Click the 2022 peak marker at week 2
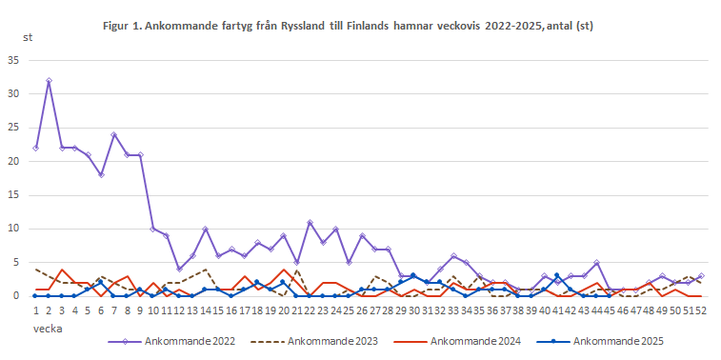coord(49,81)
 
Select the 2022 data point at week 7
coord(114,134)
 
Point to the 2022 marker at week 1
coord(35,148)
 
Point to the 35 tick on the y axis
coord(13,60)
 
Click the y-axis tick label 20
coord(13,161)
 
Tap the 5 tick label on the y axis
coord(16,262)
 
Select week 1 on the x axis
coord(35,310)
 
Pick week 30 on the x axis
coord(413,310)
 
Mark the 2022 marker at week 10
coord(153,229)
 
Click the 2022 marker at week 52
coord(701,275)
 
